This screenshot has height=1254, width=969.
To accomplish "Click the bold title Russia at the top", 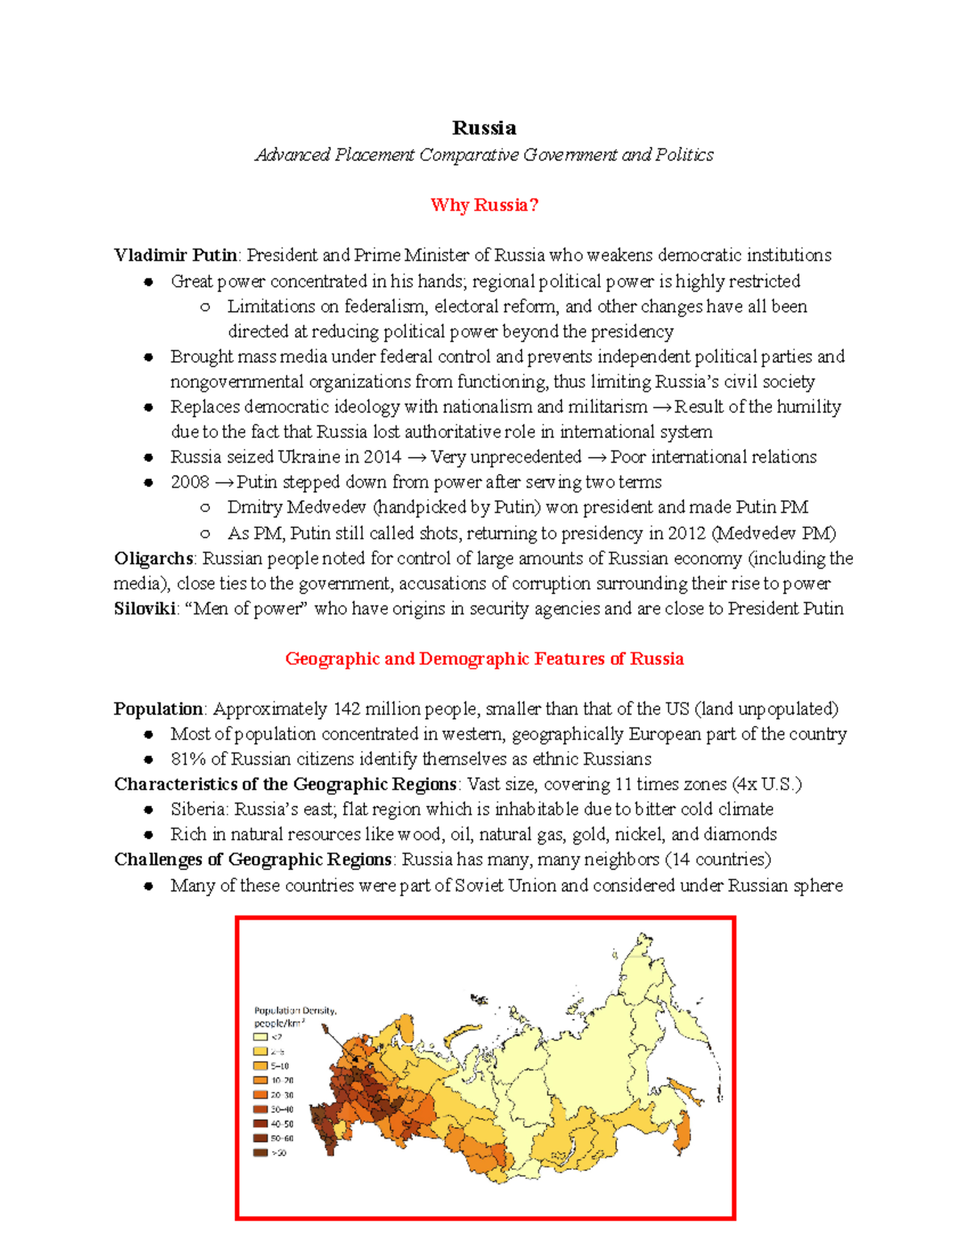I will pyautogui.click(x=484, y=128).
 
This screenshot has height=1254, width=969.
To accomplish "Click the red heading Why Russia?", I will pyautogui.click(x=484, y=205).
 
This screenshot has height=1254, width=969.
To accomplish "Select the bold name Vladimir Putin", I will pyautogui.click(x=175, y=255).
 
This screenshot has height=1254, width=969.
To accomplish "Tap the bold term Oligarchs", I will pyautogui.click(x=153, y=559).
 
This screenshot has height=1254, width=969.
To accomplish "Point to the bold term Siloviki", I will pyautogui.click(x=145, y=609).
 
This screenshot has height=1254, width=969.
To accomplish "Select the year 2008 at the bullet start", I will pyautogui.click(x=190, y=483).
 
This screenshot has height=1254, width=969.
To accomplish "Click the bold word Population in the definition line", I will pyautogui.click(x=158, y=709).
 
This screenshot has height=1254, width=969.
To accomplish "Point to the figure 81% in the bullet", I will pyautogui.click(x=188, y=760).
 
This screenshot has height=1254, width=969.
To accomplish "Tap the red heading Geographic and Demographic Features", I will pyautogui.click(x=484, y=659).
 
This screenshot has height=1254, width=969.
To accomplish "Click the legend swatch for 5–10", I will pyautogui.click(x=260, y=1066).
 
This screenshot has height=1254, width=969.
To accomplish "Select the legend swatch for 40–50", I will pyautogui.click(x=260, y=1123).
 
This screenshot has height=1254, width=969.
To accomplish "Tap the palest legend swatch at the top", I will pyautogui.click(x=260, y=1037).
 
